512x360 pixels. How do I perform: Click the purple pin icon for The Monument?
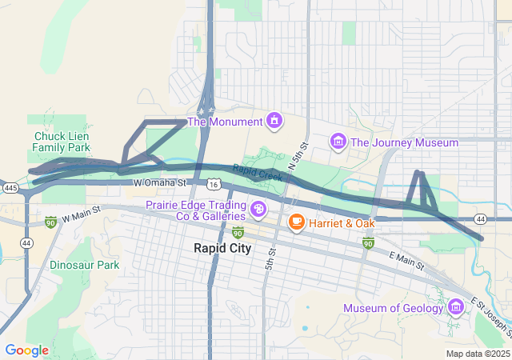click(x=274, y=121)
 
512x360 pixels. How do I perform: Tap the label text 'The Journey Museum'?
click(x=404, y=142)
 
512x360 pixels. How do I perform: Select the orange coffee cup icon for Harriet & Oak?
click(x=296, y=222)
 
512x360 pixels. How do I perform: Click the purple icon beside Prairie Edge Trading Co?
click(x=258, y=210)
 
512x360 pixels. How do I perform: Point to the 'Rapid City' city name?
click(x=222, y=248)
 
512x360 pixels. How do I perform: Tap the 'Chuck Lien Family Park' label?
click(x=62, y=142)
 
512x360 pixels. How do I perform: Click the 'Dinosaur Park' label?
click(x=84, y=265)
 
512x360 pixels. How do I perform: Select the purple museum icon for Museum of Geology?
click(x=455, y=308)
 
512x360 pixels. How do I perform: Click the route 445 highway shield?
click(x=10, y=187)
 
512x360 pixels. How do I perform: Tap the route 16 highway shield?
click(x=212, y=184)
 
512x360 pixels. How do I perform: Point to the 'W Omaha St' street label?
click(x=159, y=182)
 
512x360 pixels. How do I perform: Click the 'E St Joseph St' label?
click(x=489, y=314)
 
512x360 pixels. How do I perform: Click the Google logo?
click(x=26, y=350)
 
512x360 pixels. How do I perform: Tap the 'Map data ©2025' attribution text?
click(x=477, y=354)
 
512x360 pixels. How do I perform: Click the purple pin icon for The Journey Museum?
click(x=338, y=142)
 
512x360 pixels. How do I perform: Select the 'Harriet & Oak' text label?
click(x=342, y=222)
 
